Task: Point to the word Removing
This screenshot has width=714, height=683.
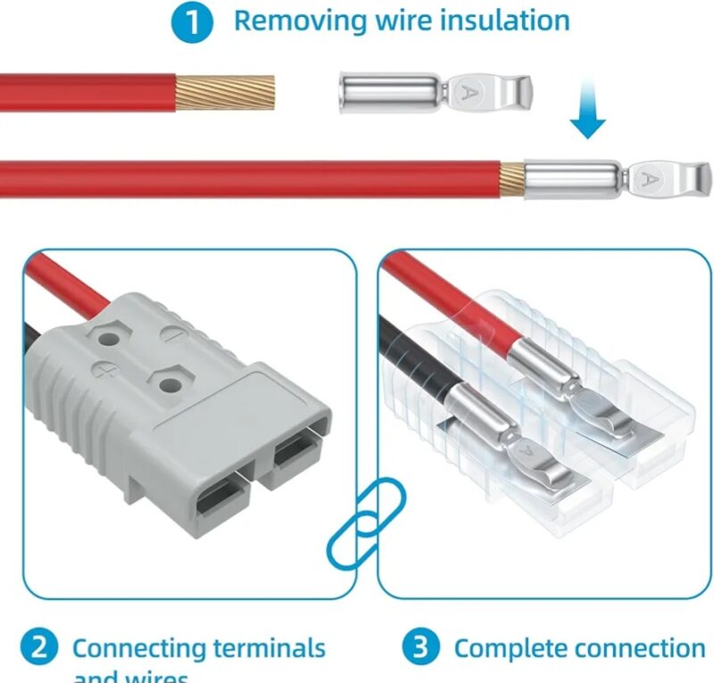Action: point(295,21)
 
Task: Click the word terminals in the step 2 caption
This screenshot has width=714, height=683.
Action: point(263,648)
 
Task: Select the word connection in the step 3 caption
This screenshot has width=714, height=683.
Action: point(641,648)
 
